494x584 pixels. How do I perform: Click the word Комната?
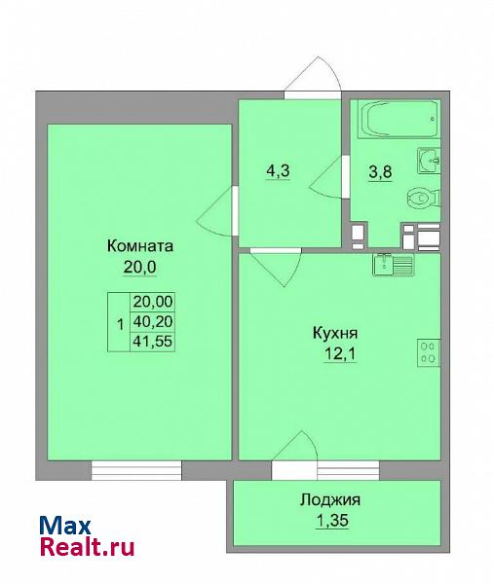coord(140,246)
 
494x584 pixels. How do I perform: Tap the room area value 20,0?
coord(139,267)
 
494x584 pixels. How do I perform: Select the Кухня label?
coord(335,333)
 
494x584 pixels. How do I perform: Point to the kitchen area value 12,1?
coord(340,353)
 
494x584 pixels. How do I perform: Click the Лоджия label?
coord(330,500)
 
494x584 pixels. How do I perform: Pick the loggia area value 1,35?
coord(332,521)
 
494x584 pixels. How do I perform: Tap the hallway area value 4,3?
coord(278,171)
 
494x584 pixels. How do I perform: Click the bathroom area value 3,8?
coord(380,172)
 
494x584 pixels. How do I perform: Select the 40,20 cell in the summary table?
coord(153,321)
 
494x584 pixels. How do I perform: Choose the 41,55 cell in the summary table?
coord(153,341)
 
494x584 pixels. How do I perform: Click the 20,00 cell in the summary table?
coord(153,302)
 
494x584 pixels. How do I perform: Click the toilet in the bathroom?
coord(424,198)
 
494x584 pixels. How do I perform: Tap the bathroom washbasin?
coord(429,161)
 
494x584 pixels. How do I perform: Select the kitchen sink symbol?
coord(394,265)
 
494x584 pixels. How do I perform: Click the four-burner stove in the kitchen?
coord(429,352)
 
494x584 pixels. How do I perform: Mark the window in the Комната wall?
coord(136,470)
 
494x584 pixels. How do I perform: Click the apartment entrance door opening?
coord(313,95)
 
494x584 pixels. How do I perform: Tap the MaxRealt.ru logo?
coord(87,536)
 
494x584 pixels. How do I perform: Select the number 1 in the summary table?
coord(120,324)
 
